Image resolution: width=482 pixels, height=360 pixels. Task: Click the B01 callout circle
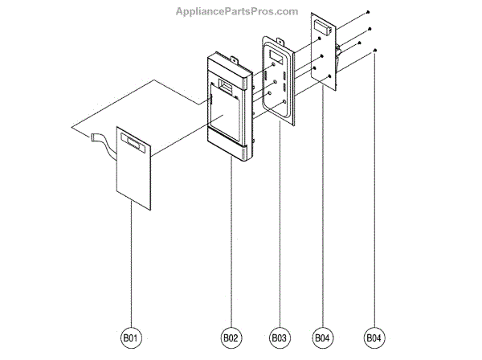[132, 339]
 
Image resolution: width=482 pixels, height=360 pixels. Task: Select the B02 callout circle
[231, 339]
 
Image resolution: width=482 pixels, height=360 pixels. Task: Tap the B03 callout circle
[279, 339]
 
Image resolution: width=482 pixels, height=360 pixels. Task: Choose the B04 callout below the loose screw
[374, 339]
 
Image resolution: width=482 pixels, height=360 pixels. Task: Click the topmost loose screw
[368, 11]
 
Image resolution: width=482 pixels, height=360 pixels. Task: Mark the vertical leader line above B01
[132, 265]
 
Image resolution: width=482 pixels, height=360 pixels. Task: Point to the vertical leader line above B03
[279, 241]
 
